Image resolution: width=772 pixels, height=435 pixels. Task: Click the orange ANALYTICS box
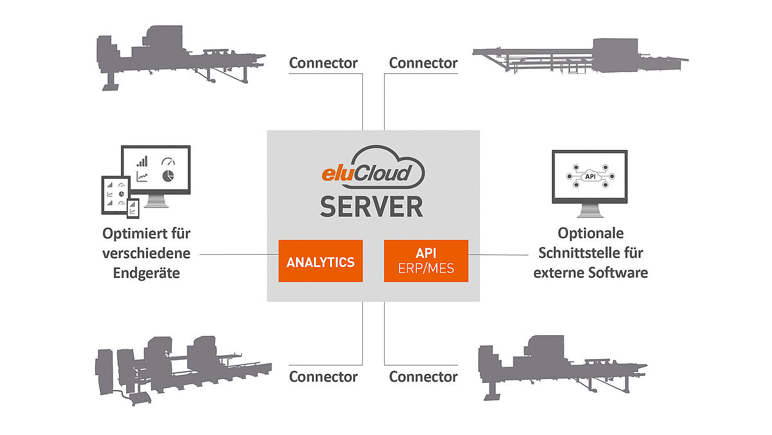point(320,261)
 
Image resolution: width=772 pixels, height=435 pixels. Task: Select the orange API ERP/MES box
point(426,261)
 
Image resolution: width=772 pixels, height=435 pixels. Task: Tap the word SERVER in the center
point(372,207)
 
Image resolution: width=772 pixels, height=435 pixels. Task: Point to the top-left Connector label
point(323,63)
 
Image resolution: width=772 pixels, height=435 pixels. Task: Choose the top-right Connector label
point(423,63)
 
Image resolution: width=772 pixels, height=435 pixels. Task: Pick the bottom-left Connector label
point(323,376)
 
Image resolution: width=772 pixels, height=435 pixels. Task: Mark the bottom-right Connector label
point(423,376)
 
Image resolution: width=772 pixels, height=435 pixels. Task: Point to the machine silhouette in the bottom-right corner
point(560,364)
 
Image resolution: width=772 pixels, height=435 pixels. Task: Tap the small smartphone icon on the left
point(133,207)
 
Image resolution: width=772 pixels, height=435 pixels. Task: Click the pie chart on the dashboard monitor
point(167,176)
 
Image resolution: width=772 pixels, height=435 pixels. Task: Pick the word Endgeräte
point(147,273)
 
